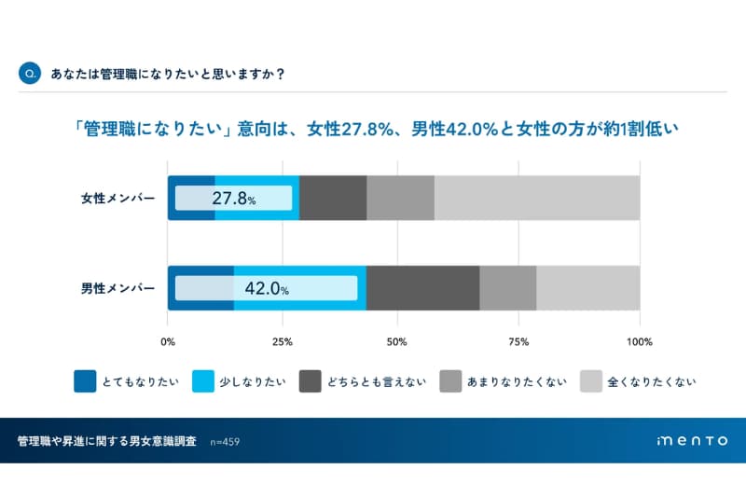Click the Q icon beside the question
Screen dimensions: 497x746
30,75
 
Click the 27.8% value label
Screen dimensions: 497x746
233,199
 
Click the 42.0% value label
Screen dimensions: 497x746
266,289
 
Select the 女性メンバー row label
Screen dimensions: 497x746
117,199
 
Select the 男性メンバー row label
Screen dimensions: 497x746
117,289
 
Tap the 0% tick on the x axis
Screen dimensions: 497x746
169,340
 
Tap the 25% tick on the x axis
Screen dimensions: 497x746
283,340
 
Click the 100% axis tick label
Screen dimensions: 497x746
639,340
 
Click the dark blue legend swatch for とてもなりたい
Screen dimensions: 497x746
85,381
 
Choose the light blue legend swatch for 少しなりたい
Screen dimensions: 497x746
202,381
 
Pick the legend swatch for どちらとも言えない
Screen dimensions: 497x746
311,381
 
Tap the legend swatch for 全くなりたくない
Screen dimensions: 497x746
591,381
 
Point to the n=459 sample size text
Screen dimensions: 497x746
227,441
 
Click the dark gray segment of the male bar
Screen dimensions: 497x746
423,289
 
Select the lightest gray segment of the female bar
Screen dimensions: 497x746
537,199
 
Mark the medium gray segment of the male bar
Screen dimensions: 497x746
508,289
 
